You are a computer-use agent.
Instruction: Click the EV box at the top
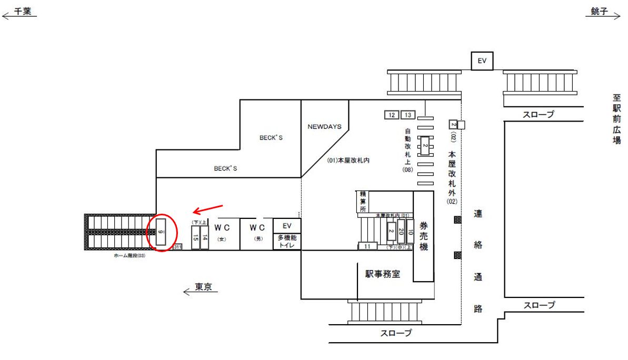[x=482, y=61]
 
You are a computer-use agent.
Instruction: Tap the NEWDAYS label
[x=324, y=127]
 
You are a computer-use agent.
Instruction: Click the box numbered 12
[x=391, y=115]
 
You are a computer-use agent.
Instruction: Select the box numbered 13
[x=408, y=115]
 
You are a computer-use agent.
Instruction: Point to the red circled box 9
[x=161, y=232]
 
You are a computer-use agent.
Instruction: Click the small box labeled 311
[x=177, y=247]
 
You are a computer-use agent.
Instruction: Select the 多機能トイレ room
[x=287, y=241]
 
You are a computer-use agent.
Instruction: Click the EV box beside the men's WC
[x=287, y=226]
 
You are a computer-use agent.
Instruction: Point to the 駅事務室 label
[x=383, y=274]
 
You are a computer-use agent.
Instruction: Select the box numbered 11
[x=367, y=246]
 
